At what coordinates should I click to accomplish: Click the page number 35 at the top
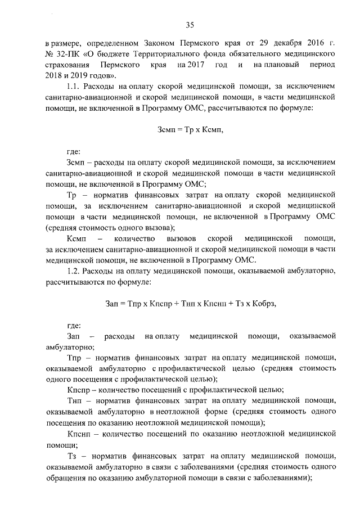[190, 24]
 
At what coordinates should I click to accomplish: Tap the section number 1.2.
[74, 271]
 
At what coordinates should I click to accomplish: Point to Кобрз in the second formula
[263, 304]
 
